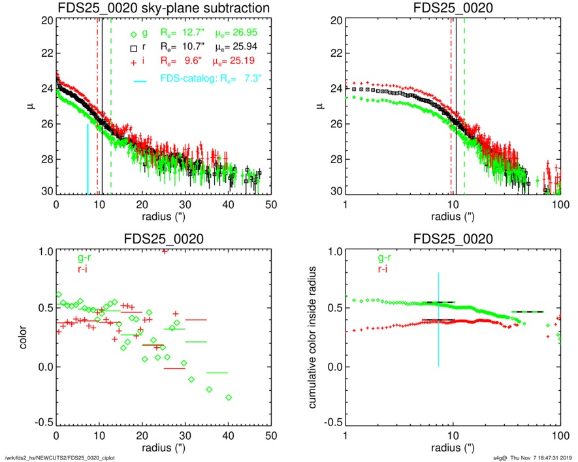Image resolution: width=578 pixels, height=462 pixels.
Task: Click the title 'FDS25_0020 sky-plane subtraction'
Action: (x=163, y=8)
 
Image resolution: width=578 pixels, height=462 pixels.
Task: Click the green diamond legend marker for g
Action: (x=133, y=35)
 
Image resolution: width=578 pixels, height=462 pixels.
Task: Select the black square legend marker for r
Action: (x=133, y=48)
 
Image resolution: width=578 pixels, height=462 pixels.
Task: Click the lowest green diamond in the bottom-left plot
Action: (x=229, y=397)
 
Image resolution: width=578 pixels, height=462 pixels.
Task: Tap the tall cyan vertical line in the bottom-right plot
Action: (x=439, y=319)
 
